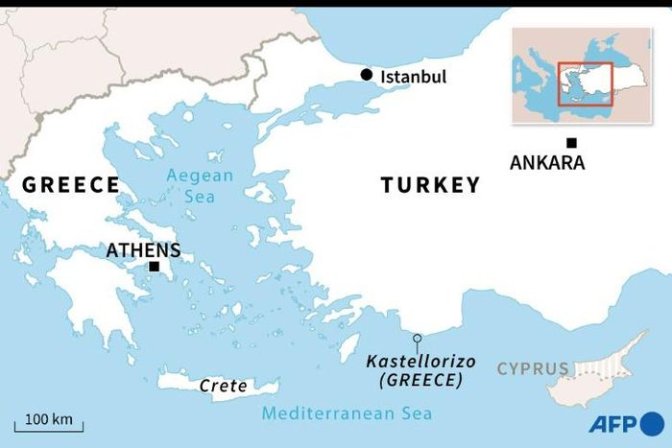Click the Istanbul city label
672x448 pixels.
coord(414,77)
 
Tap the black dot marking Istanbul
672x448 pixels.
coord(366,75)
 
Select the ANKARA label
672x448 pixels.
coord(546,163)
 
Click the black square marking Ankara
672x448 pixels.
coord(571,142)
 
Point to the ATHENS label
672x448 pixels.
coord(143,250)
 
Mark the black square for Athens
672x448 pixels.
coord(154,266)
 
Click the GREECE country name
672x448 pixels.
coord(71,185)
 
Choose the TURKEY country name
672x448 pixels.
coord(430,185)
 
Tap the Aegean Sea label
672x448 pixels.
coord(200,185)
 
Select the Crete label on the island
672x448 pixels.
coord(223,386)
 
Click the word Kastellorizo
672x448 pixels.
coord(415,361)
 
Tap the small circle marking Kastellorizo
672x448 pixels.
coord(418,338)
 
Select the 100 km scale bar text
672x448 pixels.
coord(49,419)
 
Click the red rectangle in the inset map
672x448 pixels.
coord(586,82)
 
